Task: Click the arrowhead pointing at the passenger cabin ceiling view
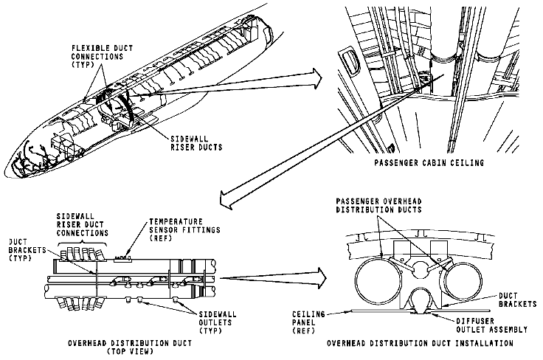[315, 75]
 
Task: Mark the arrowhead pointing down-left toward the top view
[226, 195]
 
